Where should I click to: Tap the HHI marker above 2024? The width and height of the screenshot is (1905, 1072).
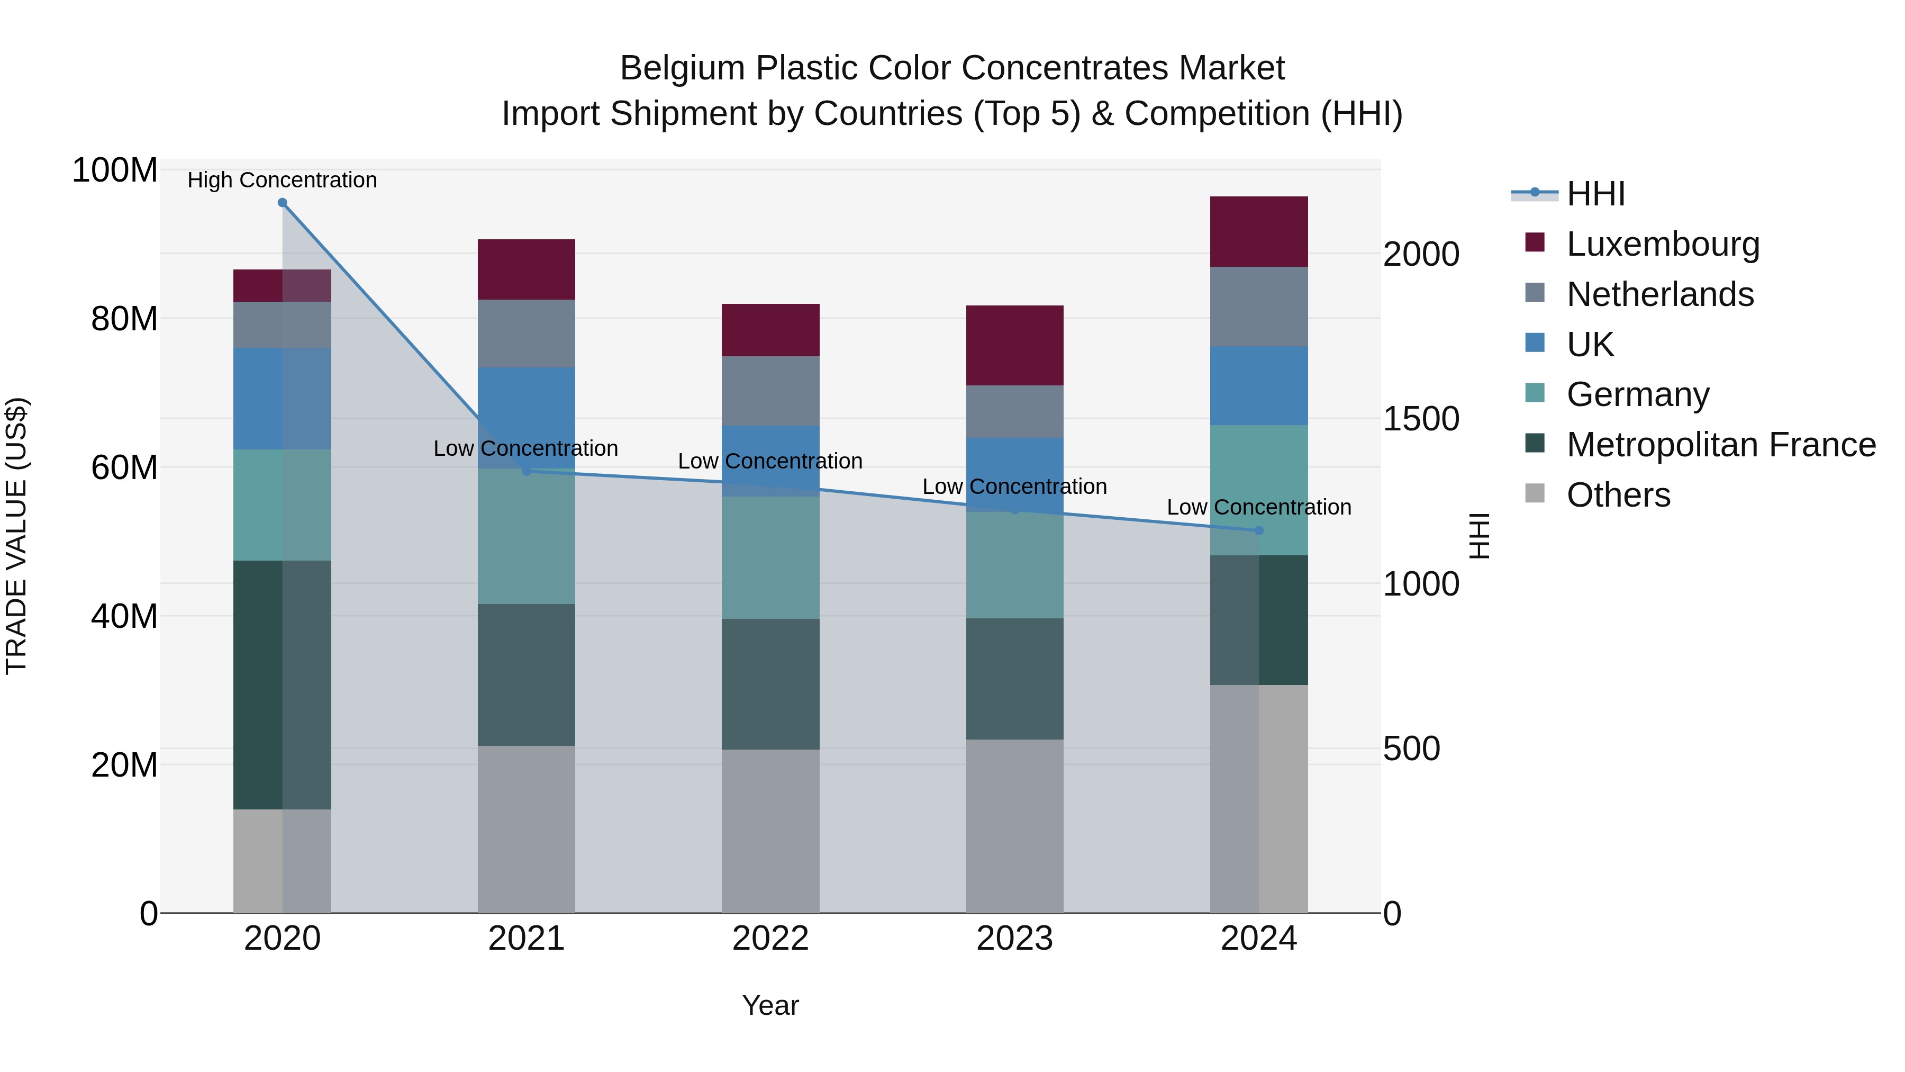[1259, 530]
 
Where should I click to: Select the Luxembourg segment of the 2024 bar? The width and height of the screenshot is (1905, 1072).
[1259, 231]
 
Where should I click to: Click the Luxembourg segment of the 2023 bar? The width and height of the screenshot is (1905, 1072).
[1014, 346]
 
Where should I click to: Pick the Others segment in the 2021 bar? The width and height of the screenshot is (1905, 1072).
[526, 828]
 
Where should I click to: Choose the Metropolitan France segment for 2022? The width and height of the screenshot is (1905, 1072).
[770, 684]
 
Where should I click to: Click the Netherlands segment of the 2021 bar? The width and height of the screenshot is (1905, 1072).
[526, 334]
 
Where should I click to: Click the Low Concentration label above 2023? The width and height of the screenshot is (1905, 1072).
[1014, 487]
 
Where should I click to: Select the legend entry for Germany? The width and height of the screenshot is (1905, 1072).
[1637, 394]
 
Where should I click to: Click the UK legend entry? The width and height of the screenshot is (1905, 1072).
[1590, 344]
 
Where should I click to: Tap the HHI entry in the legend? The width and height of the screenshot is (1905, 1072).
[1595, 194]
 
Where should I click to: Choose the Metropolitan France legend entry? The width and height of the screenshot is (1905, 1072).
[1720, 445]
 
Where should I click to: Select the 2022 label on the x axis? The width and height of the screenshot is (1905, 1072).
[770, 939]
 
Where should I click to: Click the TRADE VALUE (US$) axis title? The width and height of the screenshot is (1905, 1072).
[17, 536]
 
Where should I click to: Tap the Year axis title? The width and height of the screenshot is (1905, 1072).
[770, 1005]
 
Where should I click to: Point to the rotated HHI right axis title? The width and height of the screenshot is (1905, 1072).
[1478, 536]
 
